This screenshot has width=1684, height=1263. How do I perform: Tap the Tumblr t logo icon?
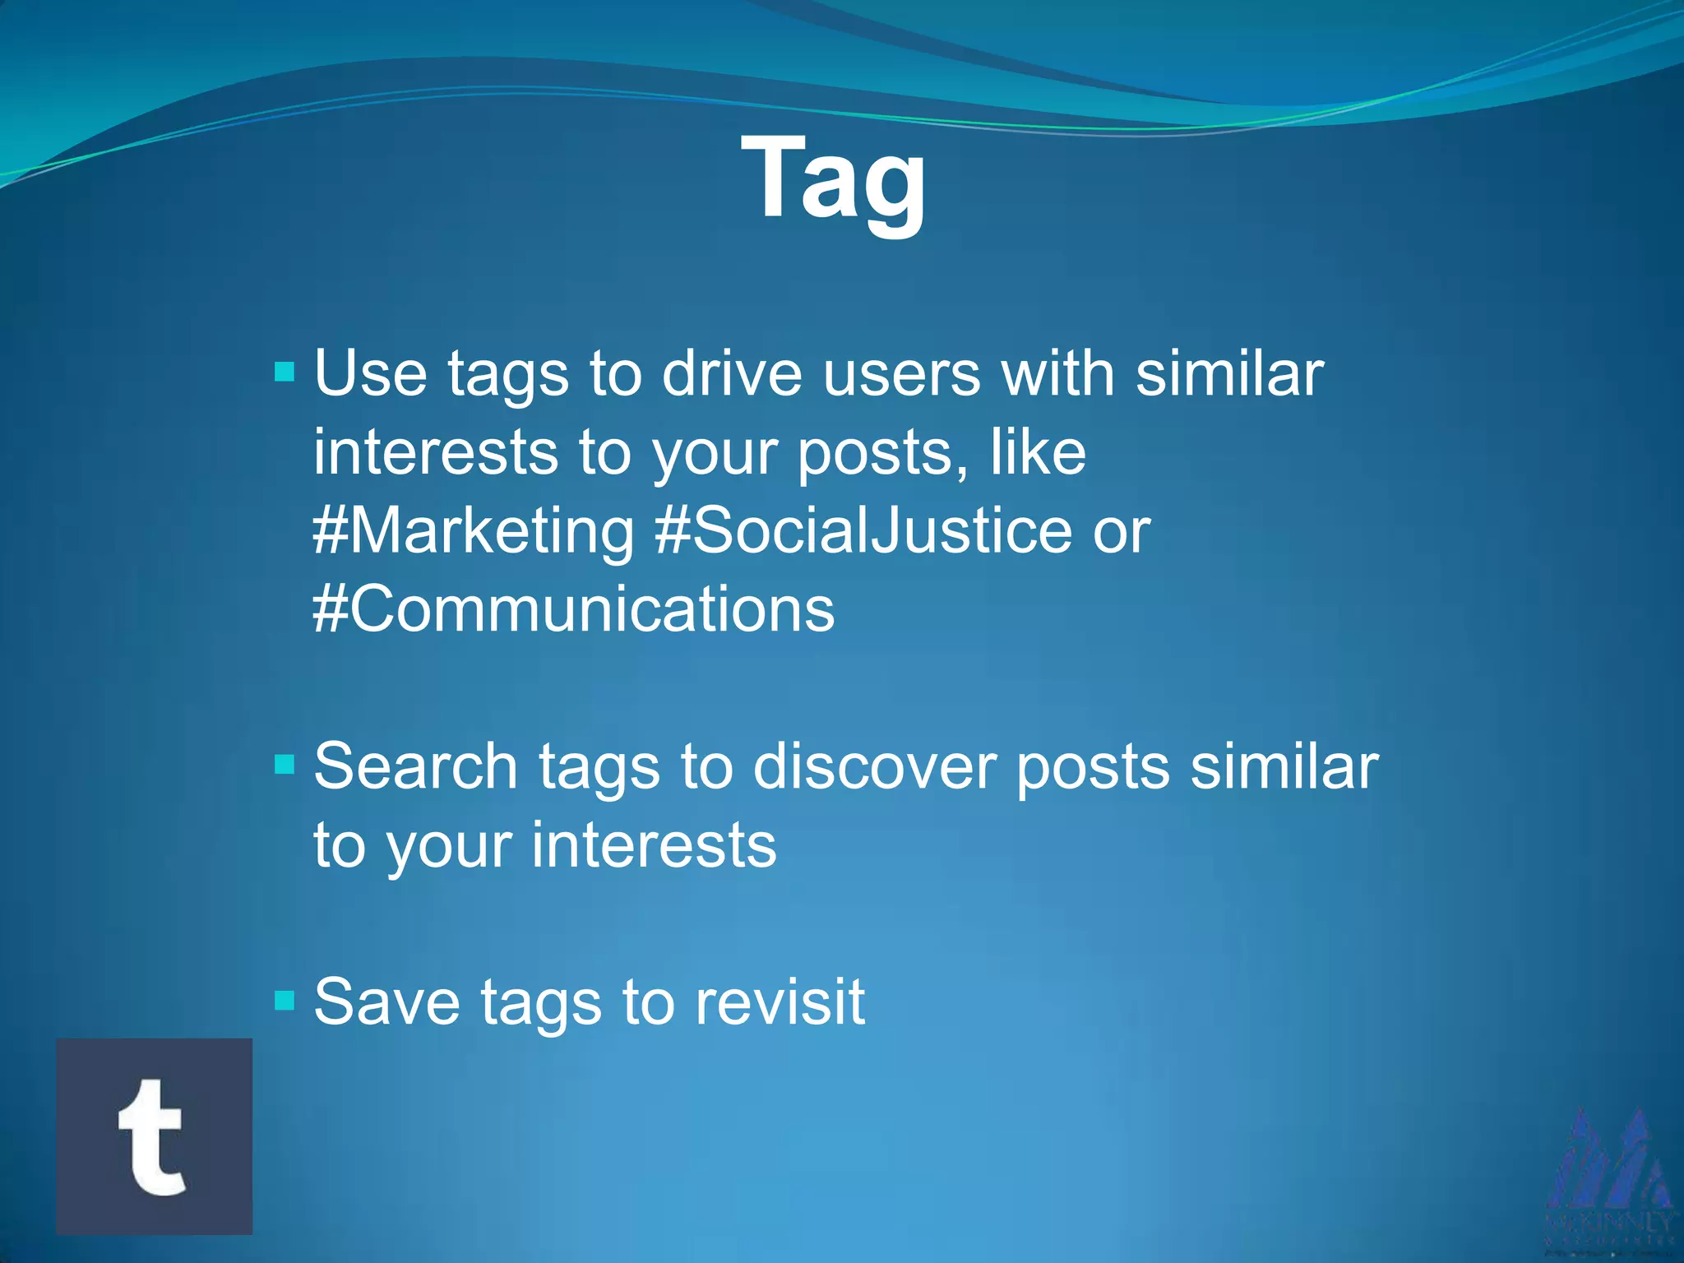coord(155,1136)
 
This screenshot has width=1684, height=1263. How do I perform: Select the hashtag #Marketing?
coord(474,531)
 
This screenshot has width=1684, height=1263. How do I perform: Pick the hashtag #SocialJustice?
coord(863,531)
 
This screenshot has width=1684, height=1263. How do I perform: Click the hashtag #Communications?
coord(574,609)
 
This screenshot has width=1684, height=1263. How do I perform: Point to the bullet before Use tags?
coord(285,372)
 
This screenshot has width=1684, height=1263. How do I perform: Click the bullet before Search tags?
coord(285,766)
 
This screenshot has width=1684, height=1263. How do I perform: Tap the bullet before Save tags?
coord(285,1001)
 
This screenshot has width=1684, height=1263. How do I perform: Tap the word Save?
coord(387,1002)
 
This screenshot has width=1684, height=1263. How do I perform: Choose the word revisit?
coord(780,1002)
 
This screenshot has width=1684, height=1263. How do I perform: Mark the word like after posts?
coord(1038,452)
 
